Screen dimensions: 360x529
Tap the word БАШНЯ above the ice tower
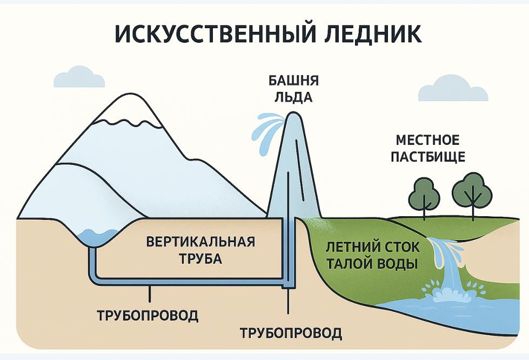point(293,81)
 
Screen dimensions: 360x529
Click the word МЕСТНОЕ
point(427,141)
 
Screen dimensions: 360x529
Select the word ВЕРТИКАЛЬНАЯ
point(200,241)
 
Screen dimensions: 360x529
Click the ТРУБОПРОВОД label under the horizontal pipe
point(148,315)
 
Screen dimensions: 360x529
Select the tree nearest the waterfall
point(472,192)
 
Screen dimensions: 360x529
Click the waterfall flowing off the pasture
point(446,259)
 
